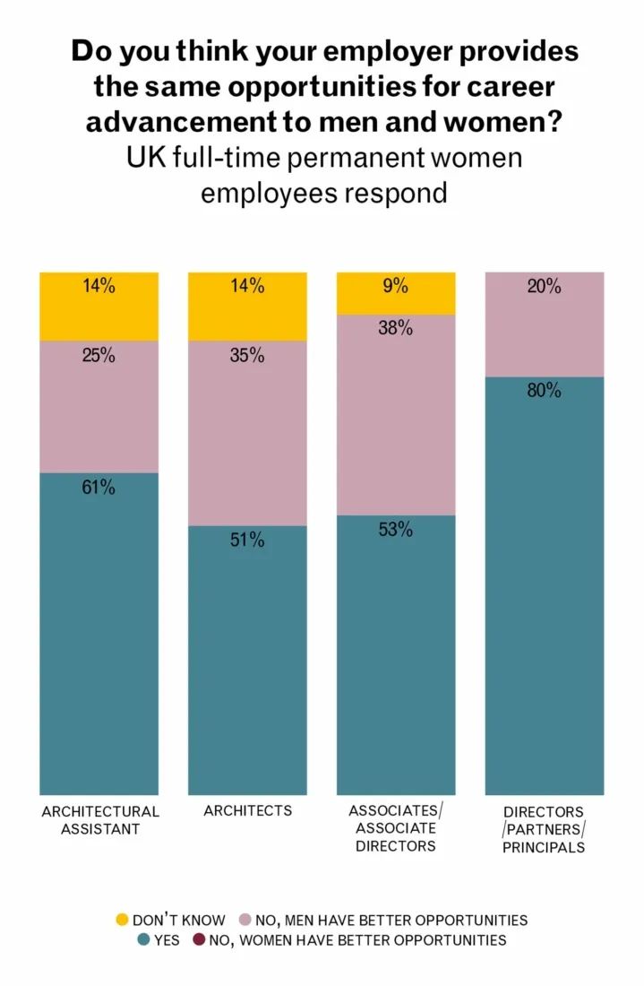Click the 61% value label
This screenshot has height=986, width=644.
tap(99, 488)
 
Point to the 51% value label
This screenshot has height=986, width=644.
tap(246, 540)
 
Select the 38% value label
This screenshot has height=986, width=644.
tap(395, 328)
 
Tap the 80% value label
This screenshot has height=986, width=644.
tap(544, 391)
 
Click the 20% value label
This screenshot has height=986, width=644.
tap(544, 287)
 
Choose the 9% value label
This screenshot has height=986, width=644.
tap(395, 287)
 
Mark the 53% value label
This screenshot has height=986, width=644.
tap(395, 530)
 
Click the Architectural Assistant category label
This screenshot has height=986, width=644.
tap(100, 820)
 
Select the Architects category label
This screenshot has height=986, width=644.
tap(247, 810)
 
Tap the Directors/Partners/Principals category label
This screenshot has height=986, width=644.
tap(544, 829)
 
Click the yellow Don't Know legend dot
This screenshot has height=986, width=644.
tap(123, 920)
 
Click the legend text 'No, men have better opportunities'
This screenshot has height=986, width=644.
tap(391, 920)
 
